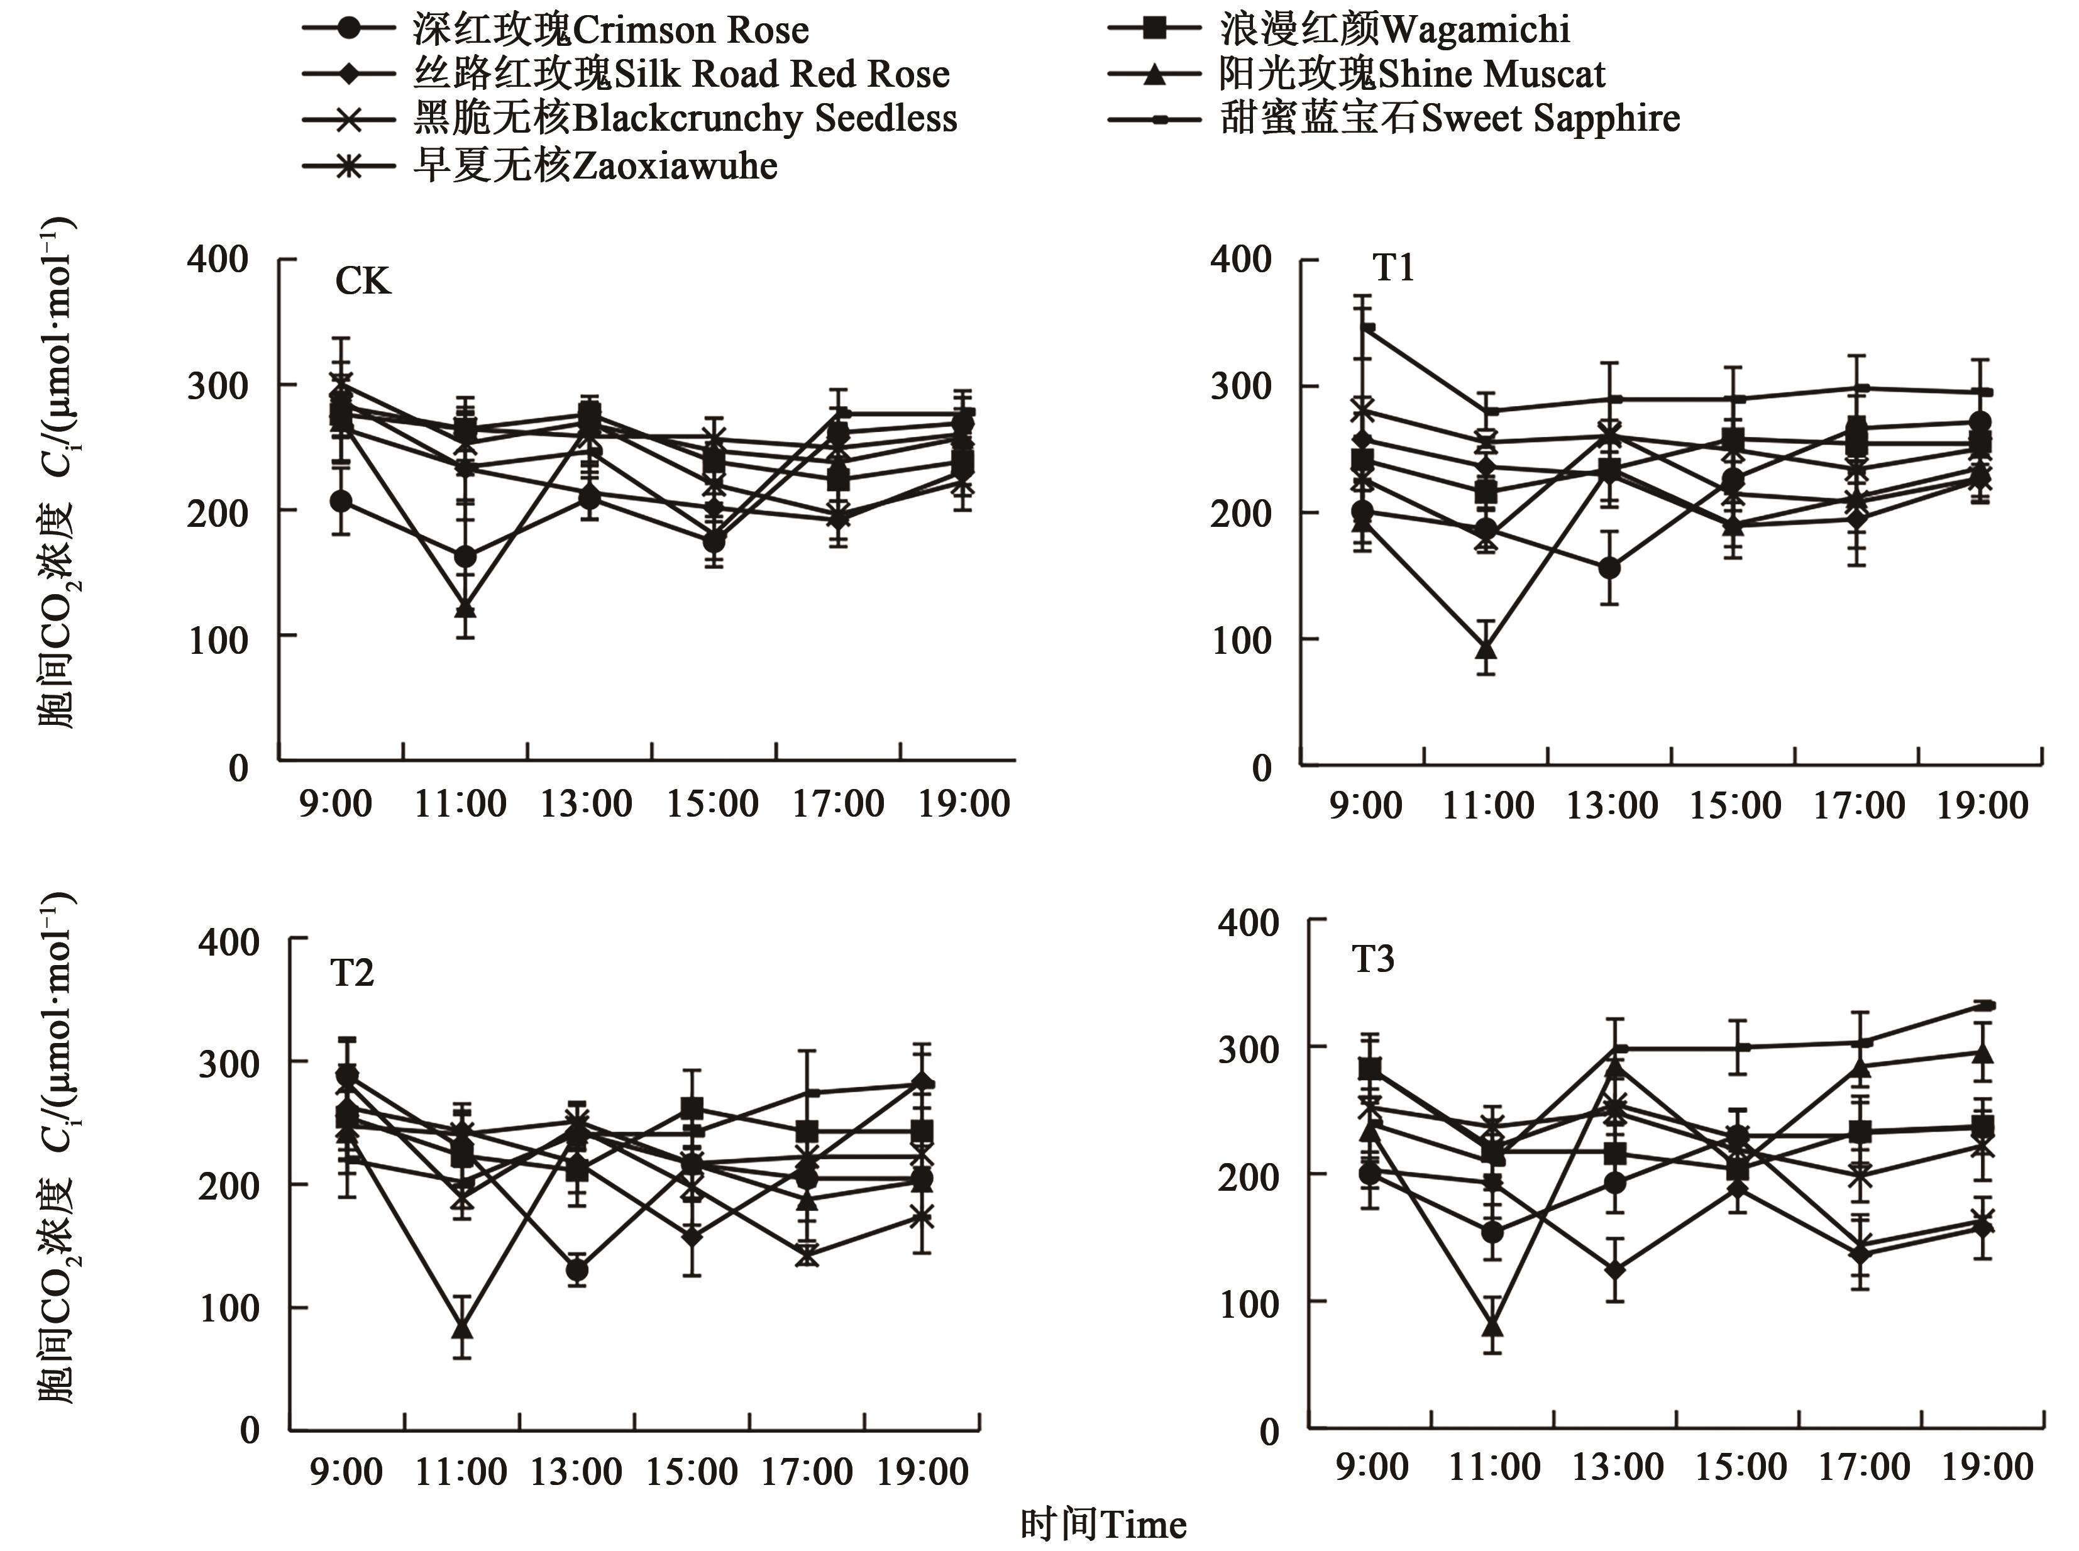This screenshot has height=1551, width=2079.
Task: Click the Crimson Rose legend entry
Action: click(610, 30)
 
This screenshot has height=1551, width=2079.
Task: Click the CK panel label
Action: click(362, 281)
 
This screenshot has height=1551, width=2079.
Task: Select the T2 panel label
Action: click(352, 974)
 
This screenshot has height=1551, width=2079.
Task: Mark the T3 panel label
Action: click(1372, 959)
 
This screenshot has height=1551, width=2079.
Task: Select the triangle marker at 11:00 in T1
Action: click(1486, 649)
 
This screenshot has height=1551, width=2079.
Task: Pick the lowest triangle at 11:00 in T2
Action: click(462, 1330)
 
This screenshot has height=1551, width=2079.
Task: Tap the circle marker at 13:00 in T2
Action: click(577, 1270)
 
